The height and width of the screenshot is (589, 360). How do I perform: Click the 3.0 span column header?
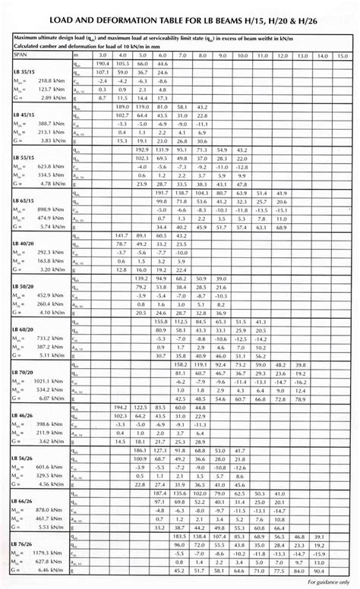click(x=101, y=55)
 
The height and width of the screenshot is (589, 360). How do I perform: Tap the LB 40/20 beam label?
click(x=25, y=244)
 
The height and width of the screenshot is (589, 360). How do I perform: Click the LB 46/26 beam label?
click(x=25, y=416)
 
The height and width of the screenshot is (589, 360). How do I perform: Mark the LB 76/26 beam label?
click(x=25, y=544)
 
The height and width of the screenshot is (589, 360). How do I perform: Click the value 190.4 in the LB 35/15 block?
click(x=101, y=65)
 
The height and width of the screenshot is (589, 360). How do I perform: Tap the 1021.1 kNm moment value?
click(x=39, y=381)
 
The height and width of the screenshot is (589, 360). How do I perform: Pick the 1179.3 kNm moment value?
click(x=39, y=553)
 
